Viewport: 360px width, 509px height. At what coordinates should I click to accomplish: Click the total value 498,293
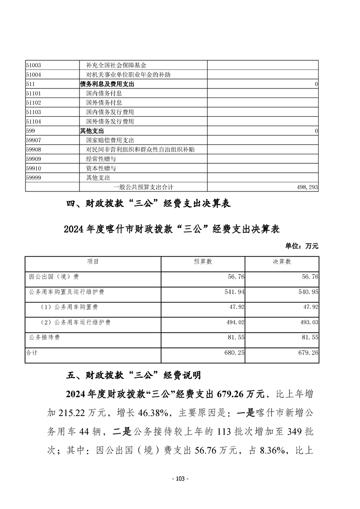tap(307, 187)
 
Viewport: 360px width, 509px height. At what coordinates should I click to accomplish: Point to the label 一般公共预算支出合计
tap(143, 187)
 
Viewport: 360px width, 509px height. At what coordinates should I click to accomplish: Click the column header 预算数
tap(203, 262)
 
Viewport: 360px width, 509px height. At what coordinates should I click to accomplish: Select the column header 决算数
tap(282, 262)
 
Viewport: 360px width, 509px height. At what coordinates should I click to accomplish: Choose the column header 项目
tap(93, 262)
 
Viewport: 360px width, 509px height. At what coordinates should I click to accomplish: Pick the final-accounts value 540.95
tap(308, 292)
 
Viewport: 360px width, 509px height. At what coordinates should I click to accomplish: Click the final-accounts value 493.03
tap(308, 323)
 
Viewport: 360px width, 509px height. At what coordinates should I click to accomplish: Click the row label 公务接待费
tap(44, 338)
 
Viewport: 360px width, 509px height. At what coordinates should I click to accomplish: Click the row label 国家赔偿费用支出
tap(110, 140)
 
